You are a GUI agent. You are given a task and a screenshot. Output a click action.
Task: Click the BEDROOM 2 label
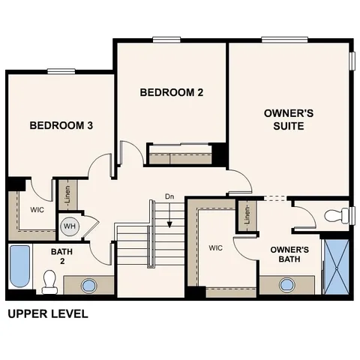click(172, 93)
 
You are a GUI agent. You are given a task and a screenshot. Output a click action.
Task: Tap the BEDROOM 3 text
click(61, 125)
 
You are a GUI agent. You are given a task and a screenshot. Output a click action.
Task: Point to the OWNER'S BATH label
click(289, 254)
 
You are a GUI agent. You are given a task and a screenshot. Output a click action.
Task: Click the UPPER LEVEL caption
click(47, 314)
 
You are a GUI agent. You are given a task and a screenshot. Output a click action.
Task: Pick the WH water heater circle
click(69, 226)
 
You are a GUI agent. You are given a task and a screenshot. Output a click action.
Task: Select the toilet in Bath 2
click(50, 282)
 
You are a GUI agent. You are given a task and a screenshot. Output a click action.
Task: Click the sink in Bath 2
click(89, 286)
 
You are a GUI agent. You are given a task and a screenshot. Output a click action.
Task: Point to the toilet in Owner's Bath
click(335, 216)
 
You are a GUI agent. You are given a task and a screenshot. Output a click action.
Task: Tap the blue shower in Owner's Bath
click(335, 265)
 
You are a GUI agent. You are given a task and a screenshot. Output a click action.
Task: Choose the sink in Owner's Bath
click(286, 285)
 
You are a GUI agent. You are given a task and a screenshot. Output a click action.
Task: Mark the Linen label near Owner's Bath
click(246, 216)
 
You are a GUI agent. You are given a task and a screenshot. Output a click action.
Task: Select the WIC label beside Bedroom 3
click(37, 210)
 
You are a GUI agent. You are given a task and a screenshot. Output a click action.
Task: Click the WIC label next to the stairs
click(216, 247)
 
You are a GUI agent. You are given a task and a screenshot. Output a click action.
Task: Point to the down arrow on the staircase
click(170, 219)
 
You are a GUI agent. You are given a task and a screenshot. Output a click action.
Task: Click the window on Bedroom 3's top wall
click(61, 71)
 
